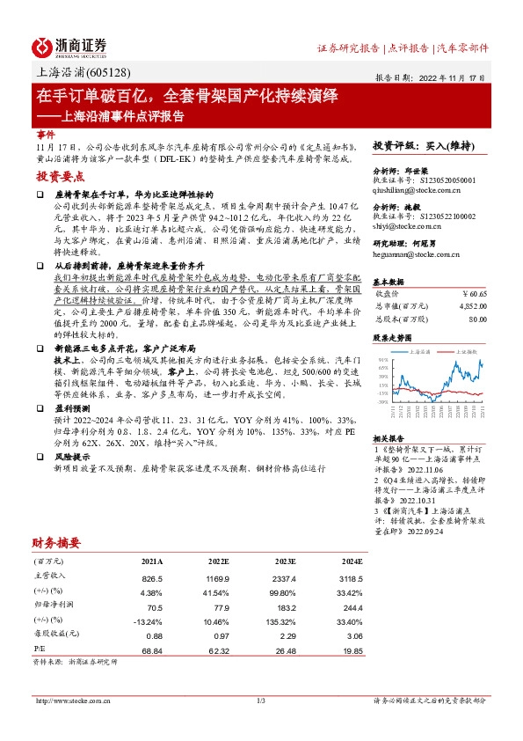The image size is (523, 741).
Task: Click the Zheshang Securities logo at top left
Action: click(69, 47)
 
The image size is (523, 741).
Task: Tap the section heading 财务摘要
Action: click(57, 542)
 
